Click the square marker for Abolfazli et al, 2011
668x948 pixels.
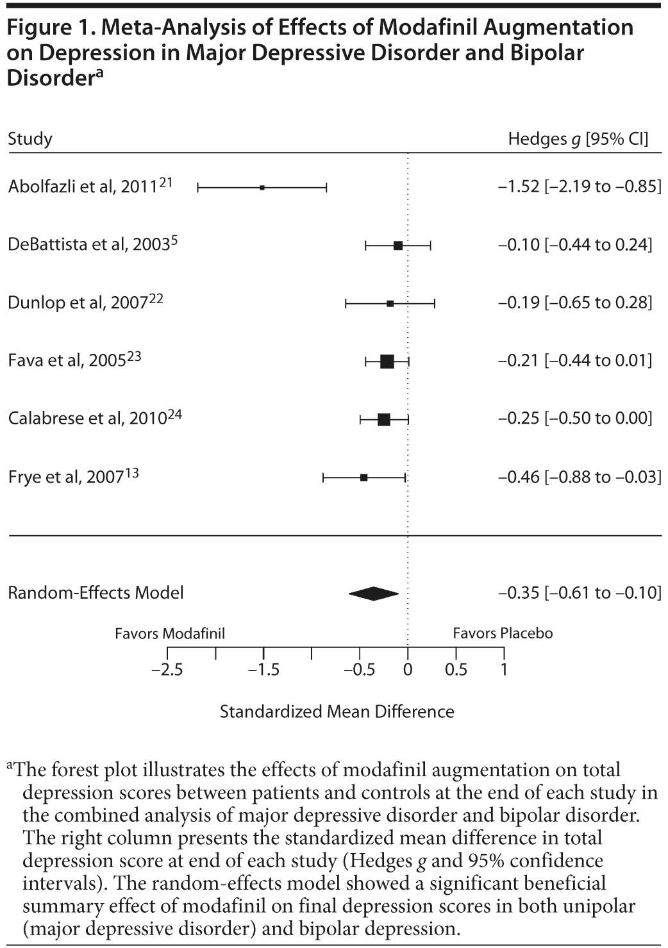262,187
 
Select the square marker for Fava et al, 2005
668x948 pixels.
387,362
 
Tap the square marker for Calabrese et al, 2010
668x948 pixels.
384,420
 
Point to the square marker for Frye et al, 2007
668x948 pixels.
364,478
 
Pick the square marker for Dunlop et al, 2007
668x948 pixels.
390,303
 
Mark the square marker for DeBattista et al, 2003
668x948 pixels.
398,245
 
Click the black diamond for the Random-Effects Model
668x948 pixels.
374,594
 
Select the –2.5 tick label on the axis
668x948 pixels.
167,670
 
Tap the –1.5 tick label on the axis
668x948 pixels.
263,670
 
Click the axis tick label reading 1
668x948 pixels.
504,670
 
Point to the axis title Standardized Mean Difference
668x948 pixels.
337,711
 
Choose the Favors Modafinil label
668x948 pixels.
170,633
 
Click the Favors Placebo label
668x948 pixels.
503,633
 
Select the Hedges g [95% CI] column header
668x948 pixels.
578,139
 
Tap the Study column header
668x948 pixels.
30,139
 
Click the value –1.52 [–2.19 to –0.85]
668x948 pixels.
580,187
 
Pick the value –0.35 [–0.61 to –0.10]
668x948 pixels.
580,593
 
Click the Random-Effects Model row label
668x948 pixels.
96,593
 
